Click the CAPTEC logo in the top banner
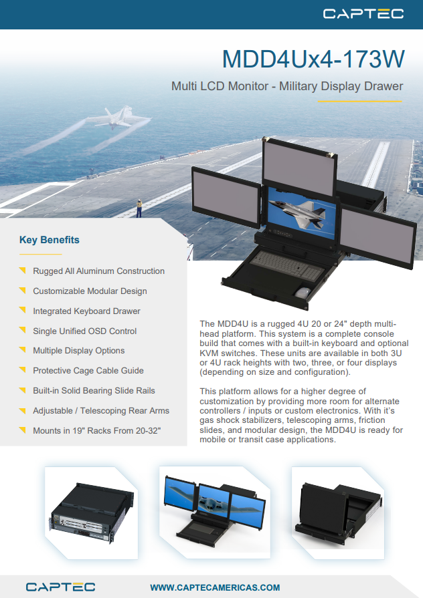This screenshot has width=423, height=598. (363, 14)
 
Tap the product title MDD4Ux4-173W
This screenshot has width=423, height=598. (313, 59)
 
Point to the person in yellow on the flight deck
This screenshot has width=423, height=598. (139, 208)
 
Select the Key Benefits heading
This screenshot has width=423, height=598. (50, 240)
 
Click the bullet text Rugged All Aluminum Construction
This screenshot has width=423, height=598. (98, 271)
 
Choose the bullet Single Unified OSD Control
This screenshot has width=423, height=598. (84, 331)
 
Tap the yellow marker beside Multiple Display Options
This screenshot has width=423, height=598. (23, 349)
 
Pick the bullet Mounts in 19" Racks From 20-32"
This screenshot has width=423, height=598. (96, 430)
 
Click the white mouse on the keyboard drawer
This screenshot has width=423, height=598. (303, 293)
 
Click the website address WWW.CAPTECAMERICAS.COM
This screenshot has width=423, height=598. (215, 587)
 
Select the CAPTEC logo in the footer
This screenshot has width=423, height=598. (60, 587)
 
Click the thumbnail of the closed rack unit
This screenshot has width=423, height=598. (92, 512)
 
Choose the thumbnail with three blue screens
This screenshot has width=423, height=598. (215, 512)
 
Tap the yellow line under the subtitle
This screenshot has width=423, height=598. (359, 102)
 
